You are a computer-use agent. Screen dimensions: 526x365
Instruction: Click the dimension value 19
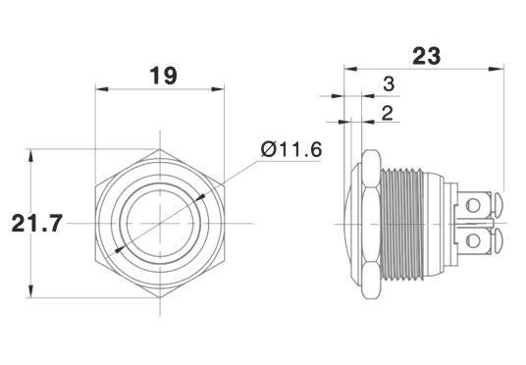(163, 76)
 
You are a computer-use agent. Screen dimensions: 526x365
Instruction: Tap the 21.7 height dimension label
(37, 224)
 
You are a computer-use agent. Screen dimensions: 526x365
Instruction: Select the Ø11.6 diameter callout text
(291, 149)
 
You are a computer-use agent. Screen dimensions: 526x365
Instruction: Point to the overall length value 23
(426, 56)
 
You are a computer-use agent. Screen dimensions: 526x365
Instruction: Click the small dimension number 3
(389, 83)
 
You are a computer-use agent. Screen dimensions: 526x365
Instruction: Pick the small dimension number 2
(387, 113)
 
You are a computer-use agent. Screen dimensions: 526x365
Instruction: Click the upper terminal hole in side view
(473, 205)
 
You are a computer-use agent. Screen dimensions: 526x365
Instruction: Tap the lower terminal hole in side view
(473, 240)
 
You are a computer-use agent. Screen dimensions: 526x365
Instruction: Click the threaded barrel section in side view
(402, 224)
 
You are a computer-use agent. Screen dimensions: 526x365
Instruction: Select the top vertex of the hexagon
(160, 149)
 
